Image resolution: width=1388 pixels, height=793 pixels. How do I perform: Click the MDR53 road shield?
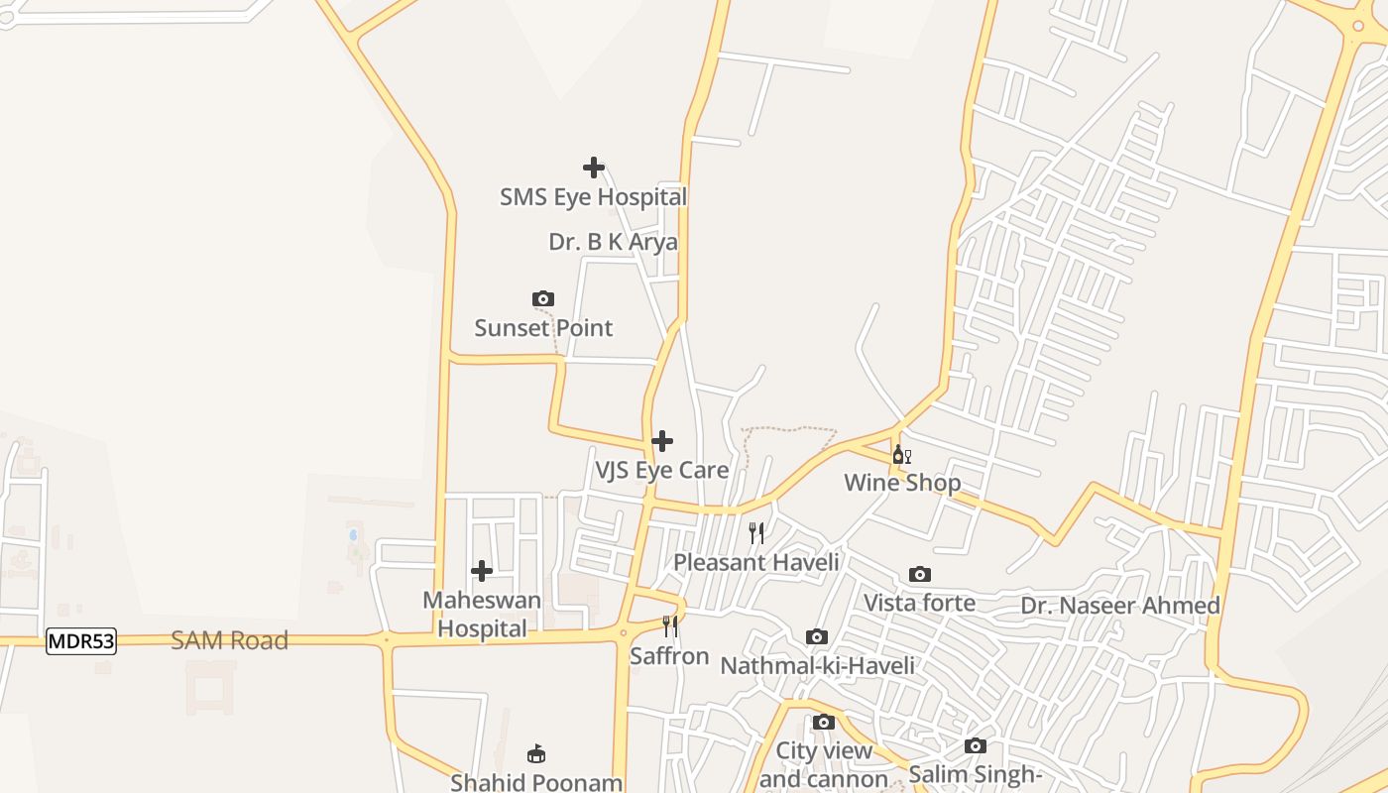[81, 641]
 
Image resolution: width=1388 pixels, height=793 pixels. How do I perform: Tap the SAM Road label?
[229, 640]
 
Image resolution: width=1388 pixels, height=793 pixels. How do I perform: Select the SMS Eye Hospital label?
[593, 197]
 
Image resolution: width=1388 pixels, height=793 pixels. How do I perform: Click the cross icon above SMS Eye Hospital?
[594, 168]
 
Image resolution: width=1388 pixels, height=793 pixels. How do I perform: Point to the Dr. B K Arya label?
[613, 242]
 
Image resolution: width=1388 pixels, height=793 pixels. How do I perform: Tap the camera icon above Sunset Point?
[542, 298]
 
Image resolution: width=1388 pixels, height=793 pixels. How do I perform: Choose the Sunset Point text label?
[543, 328]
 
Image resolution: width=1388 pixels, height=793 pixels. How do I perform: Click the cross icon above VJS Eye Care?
[662, 441]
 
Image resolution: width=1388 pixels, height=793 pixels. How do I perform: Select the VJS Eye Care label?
[661, 470]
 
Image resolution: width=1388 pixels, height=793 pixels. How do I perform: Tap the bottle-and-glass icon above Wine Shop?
[901, 455]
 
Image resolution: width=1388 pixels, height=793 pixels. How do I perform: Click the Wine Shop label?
[902, 483]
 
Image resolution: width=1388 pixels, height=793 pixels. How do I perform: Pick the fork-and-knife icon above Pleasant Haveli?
[756, 533]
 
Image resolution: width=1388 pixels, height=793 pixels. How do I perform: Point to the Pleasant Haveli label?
[756, 562]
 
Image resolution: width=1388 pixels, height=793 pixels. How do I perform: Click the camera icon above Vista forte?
[920, 575]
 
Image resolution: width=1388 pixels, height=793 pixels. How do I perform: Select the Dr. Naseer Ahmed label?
[1120, 606]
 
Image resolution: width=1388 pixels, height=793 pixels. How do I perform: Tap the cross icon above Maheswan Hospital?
[482, 571]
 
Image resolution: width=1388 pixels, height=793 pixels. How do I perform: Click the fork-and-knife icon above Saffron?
[670, 626]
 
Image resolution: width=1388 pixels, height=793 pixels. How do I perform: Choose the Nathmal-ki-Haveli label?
[817, 665]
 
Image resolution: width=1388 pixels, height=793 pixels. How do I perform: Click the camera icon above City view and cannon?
[824, 722]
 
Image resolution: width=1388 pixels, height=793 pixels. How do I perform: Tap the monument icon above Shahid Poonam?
[536, 754]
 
